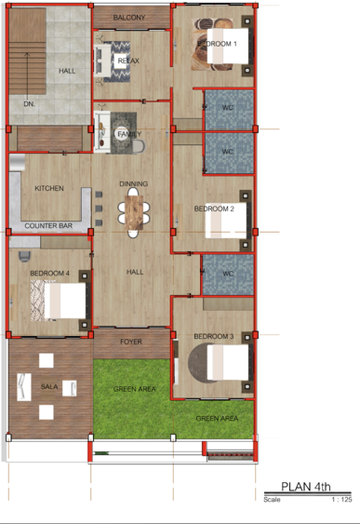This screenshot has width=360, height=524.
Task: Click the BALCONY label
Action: [129, 18]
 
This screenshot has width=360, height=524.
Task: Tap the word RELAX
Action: [128, 60]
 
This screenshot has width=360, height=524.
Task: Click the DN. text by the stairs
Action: [29, 104]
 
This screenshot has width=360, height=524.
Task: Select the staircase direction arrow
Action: [27, 74]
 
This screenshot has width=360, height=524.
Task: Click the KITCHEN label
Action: [49, 188]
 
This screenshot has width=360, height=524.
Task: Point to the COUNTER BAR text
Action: [48, 225]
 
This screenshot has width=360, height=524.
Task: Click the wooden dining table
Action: [134, 212]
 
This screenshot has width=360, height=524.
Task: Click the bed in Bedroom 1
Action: [228, 47]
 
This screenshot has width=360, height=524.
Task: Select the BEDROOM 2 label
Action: [214, 208]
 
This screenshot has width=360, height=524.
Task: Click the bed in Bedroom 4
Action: [65, 301]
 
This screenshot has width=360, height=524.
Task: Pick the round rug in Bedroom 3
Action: [198, 362]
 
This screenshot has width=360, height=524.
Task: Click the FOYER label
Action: [131, 342]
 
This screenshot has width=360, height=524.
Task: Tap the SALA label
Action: [49, 386]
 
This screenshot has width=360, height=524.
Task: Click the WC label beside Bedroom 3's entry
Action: [228, 274]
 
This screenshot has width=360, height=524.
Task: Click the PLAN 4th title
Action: [306, 486]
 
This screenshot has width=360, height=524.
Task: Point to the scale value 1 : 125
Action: [341, 500]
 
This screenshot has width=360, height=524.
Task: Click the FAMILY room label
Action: [129, 134]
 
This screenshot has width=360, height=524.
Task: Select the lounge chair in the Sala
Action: [23, 387]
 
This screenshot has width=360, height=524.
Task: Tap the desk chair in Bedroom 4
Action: [24, 256]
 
